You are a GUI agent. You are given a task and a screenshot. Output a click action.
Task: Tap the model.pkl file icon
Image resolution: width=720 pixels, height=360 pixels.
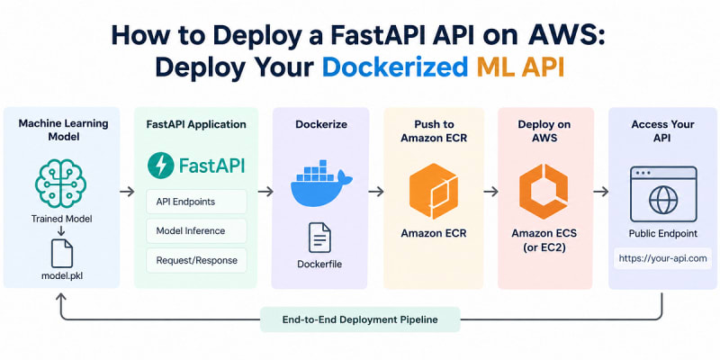pos(61,253)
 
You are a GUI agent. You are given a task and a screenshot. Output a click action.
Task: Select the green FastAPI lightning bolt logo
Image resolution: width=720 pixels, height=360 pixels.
pos(160,166)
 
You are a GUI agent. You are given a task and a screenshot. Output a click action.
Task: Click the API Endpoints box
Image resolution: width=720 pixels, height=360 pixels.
pos(196,202)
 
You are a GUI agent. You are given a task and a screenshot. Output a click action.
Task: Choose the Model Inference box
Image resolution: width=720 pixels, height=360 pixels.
pos(196,231)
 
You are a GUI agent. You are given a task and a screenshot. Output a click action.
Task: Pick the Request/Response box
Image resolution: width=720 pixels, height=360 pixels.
pos(196,261)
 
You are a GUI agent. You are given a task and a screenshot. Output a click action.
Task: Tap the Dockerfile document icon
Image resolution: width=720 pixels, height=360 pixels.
pos(319,238)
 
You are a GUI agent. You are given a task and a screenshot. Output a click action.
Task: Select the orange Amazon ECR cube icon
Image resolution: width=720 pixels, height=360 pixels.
pos(434,191)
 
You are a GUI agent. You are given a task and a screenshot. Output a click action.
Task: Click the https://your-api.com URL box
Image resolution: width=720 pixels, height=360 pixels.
pos(662,258)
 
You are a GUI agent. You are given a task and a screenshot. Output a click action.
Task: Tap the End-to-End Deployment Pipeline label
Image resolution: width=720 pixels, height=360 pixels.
pos(360,319)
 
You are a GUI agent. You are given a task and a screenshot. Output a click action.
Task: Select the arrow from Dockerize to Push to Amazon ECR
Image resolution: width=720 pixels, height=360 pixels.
pos(376,192)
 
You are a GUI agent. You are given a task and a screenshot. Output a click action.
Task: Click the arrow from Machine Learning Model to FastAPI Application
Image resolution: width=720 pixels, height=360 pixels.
pos(127,192)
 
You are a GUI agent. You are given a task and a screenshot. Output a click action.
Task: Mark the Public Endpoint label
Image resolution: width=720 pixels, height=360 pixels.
pos(662,234)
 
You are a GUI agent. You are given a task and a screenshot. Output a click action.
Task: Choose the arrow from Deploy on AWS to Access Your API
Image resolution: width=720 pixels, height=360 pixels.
pos(600,192)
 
